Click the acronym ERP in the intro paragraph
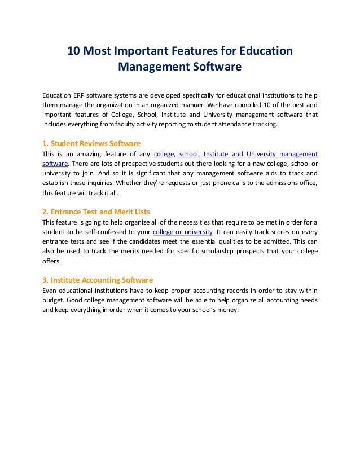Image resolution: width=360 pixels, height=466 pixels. click(79, 94)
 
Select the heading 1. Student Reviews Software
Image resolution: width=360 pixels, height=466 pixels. click(91, 143)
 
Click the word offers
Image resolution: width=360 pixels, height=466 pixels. click(51, 261)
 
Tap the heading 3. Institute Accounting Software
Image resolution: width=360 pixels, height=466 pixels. click(98, 280)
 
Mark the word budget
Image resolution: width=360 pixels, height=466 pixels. click(54, 301)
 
